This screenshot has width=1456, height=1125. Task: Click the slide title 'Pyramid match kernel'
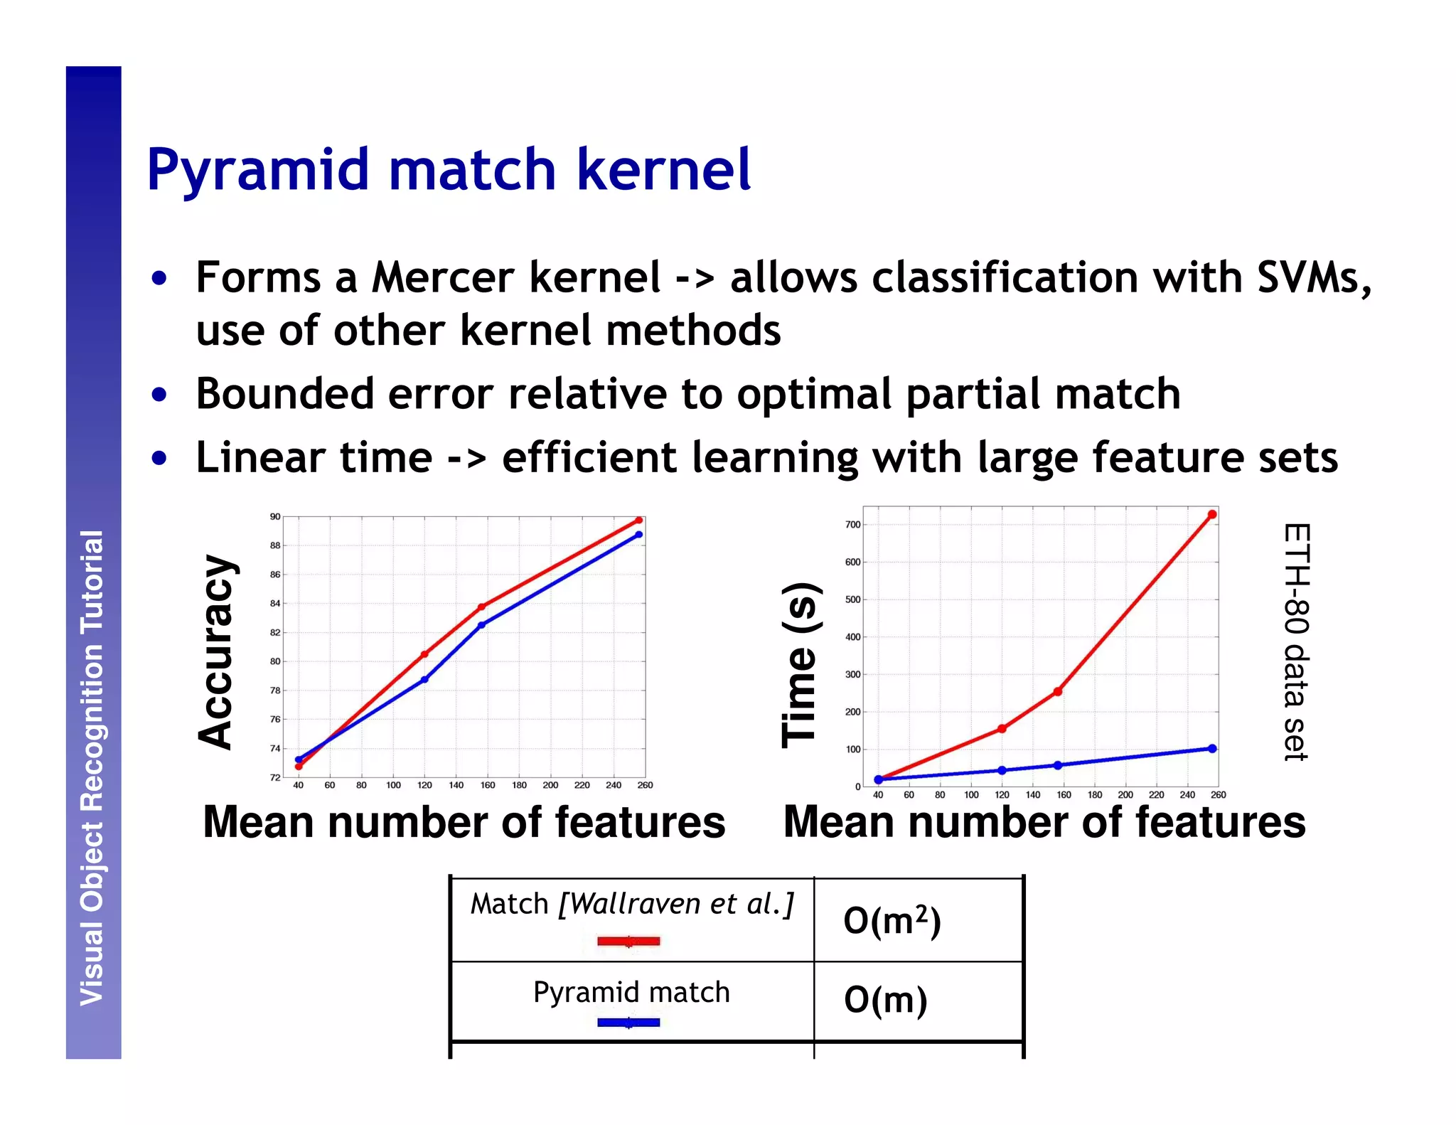click(x=449, y=171)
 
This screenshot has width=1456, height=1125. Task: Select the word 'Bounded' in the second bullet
click(x=284, y=394)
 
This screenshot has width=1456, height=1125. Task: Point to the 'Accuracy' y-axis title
click(x=216, y=651)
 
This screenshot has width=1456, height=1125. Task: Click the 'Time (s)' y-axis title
click(x=801, y=665)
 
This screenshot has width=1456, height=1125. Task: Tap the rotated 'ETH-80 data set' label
click(x=1297, y=642)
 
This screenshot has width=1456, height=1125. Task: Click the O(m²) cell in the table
click(x=892, y=921)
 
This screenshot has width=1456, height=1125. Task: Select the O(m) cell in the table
click(x=885, y=1000)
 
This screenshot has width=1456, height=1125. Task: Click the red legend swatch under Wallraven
click(x=628, y=942)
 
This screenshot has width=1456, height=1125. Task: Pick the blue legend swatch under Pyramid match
click(x=628, y=1023)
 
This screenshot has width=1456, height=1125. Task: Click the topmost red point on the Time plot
click(x=1212, y=514)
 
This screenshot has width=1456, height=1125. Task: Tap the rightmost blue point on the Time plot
click(x=1212, y=748)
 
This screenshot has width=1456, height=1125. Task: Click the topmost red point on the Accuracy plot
click(x=638, y=521)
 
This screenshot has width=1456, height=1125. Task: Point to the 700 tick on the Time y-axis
click(x=852, y=525)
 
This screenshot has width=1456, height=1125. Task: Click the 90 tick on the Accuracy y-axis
click(x=275, y=516)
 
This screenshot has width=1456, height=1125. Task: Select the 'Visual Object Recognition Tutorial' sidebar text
click(x=92, y=767)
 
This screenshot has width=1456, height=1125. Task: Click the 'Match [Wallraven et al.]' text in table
click(x=631, y=904)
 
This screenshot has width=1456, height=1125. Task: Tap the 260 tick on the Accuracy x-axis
click(x=645, y=785)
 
